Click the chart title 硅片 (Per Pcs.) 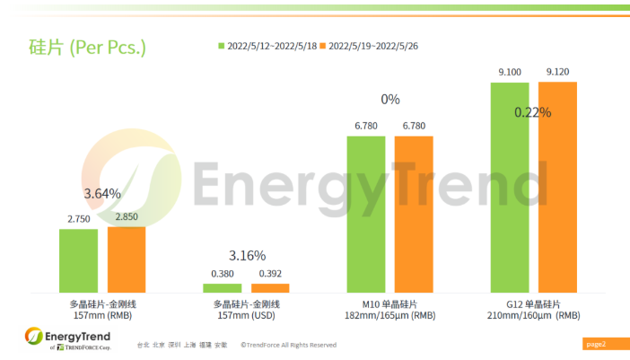coord(81,46)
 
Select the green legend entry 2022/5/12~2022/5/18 coord(269,45)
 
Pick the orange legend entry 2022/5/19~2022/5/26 coord(376,45)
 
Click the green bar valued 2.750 coord(79,260)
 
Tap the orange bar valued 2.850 coord(127,259)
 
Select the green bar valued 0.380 coord(222,287)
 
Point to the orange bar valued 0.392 coord(270,287)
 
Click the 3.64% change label coord(102,193)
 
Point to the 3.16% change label coord(247,255)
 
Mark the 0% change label coord(389,100)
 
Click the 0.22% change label coord(533,113)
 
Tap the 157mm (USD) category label coord(246,316)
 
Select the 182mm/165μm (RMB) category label coord(389,316)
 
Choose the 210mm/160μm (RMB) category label coord(533,316)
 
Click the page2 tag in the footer coord(595,344)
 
